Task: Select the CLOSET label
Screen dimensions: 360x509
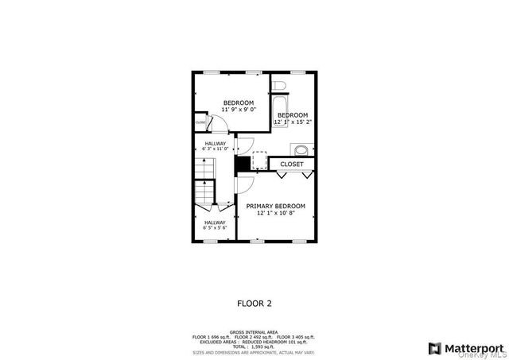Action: point(292,165)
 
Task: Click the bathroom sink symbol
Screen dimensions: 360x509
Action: point(301,150)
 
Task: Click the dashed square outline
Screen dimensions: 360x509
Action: point(259,161)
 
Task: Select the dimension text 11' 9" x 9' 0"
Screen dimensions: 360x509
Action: point(238,110)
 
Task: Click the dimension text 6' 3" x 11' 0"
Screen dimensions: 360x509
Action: point(215,149)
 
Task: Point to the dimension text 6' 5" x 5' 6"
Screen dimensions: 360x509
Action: point(215,228)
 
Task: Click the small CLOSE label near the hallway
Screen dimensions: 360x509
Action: point(200,122)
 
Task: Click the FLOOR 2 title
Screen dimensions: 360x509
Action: point(254,303)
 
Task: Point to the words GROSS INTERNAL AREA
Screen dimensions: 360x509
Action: point(254,331)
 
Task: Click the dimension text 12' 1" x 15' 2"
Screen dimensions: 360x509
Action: point(292,122)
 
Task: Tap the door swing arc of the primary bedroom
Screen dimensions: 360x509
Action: point(246,186)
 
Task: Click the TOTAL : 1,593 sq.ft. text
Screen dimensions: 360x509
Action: point(254,346)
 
